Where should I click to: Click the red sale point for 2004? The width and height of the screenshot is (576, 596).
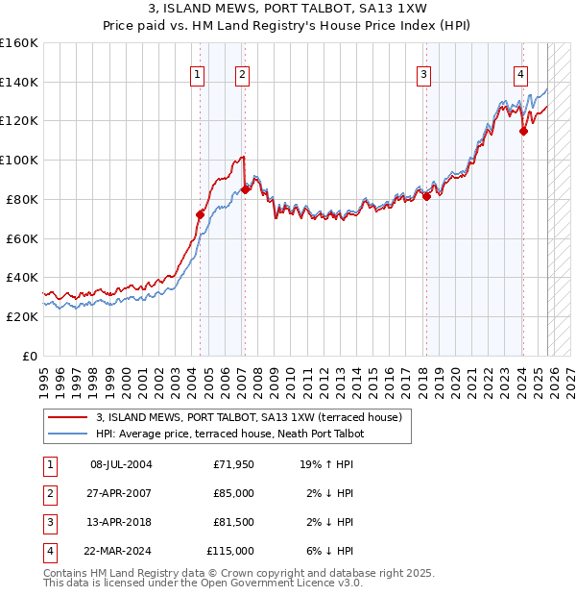coord(201,214)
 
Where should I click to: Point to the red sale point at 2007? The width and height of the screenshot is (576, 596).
coord(246,189)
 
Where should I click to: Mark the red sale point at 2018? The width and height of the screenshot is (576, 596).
coord(426,196)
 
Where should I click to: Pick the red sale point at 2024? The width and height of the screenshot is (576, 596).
coord(523,131)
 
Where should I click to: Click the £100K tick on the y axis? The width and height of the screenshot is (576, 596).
coord(19,160)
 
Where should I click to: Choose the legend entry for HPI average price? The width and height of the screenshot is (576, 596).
coord(229,434)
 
